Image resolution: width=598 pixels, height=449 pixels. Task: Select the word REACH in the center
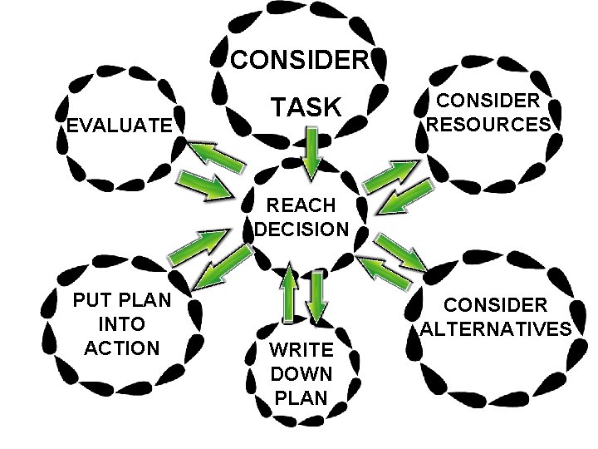coord(301,205)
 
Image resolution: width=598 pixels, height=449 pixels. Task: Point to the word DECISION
coord(301,229)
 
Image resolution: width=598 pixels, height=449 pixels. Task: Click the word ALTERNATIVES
coord(496,328)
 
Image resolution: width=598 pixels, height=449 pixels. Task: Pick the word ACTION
coord(121,346)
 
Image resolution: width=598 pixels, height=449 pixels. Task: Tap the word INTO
coord(121,323)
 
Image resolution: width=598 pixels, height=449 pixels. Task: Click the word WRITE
coord(301,349)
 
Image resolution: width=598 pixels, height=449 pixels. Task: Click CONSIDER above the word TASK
coord(298,61)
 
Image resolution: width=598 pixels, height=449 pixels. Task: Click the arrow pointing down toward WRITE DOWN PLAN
coord(318,295)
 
